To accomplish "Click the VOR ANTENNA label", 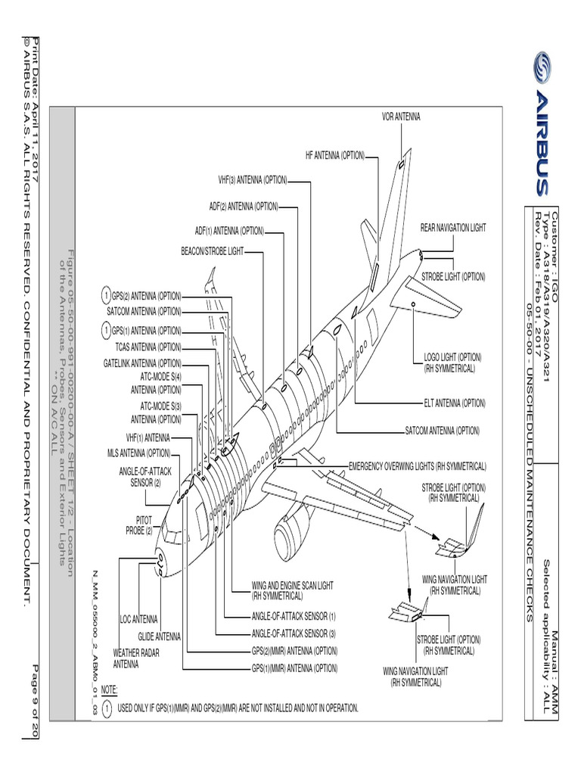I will [400, 117].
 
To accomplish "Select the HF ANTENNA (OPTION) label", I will [334, 156].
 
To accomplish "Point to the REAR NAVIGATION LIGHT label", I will [453, 228].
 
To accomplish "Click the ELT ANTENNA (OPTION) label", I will [454, 403].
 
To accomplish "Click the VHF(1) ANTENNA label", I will [148, 438].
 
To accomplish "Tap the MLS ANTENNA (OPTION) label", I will [138, 453].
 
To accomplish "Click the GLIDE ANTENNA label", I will [159, 636].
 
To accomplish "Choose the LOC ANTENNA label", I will [138, 619].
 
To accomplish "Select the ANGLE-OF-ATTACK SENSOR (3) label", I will [294, 633].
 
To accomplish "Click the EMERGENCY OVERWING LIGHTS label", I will [417, 466].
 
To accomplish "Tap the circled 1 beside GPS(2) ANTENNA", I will [106, 294].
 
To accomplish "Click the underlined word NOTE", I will [109, 689].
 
